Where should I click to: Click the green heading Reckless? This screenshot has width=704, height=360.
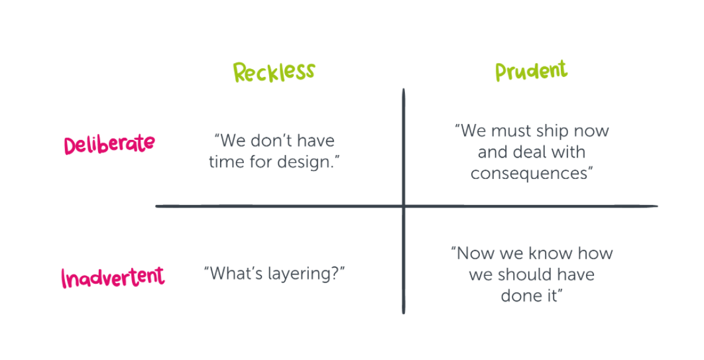tap(274, 72)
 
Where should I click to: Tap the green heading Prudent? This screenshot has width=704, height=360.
tap(531, 71)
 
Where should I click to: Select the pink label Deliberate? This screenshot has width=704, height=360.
tap(109, 144)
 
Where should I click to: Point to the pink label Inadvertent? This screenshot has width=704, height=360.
tap(113, 277)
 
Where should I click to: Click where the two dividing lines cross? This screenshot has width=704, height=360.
tap(404, 206)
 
